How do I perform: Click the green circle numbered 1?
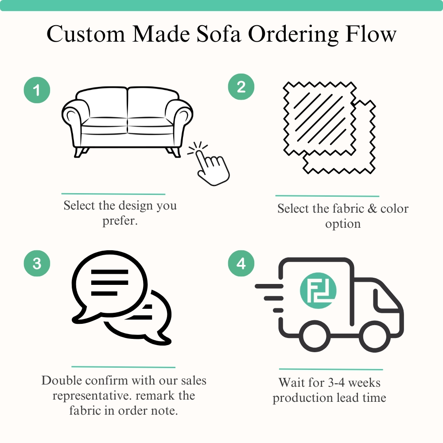tap(37, 91)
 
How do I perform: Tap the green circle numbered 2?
tap(241, 87)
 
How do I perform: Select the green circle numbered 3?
tap(37, 264)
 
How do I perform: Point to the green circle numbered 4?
tap(241, 264)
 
